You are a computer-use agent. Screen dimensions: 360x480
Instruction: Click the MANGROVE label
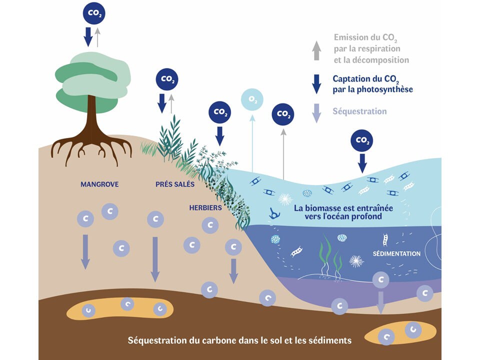[x=99, y=184]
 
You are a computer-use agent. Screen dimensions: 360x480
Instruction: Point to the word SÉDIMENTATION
[x=396, y=253]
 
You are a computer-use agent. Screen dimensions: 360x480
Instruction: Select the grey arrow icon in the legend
[x=316, y=50]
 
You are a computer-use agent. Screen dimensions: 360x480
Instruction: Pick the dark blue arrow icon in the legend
[x=316, y=84]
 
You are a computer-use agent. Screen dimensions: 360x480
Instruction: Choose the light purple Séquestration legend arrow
[x=316, y=112]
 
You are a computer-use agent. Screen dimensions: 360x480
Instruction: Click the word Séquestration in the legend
[x=359, y=111]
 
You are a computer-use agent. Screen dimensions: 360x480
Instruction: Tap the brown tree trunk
[x=91, y=117]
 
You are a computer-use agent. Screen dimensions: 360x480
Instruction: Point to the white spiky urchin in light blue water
[x=285, y=199]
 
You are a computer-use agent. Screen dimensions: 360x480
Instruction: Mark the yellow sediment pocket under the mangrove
[x=120, y=308]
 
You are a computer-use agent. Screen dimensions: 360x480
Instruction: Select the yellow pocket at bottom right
[x=397, y=334]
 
